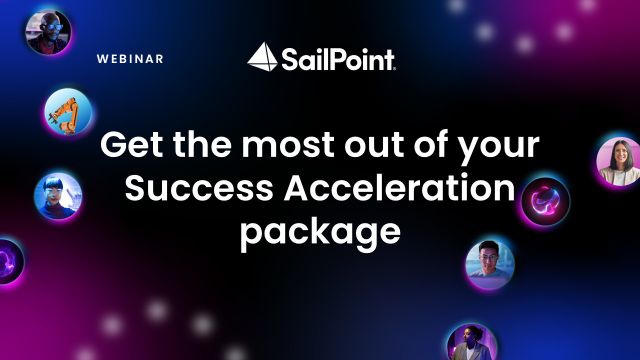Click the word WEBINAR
tap(130, 59)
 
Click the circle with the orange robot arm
tap(67, 111)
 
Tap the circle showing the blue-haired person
tap(57, 194)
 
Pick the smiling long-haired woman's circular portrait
tap(617, 161)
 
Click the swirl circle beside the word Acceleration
tap(546, 198)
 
